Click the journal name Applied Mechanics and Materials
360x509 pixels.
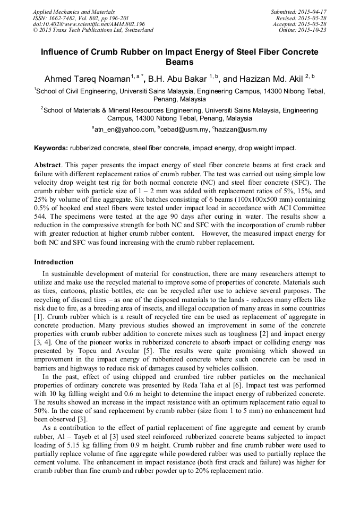73,11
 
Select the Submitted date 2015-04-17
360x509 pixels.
312,11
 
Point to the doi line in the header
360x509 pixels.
89,24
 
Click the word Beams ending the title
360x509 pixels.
180,62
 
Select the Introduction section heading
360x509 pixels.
54,262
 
